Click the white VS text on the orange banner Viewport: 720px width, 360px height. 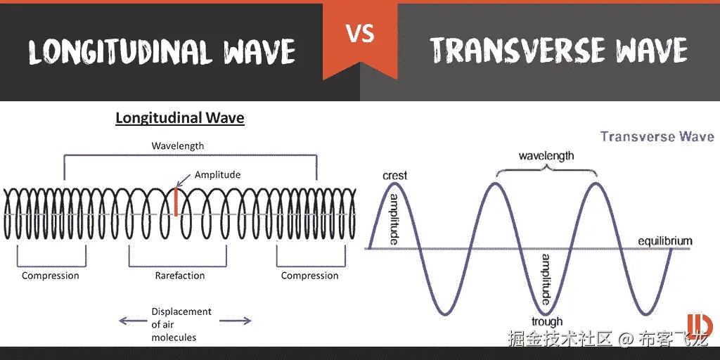361,34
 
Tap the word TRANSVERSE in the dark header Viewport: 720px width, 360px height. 517,50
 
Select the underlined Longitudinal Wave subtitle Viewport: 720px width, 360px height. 180,118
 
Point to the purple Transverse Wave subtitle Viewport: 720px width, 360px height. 657,136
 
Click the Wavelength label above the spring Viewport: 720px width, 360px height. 178,146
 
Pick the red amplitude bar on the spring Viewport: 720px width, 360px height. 176,201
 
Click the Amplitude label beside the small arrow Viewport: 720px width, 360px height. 217,174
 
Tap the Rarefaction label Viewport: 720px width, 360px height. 179,276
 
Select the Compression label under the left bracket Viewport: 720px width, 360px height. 51,276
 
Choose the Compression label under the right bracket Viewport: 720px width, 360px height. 309,276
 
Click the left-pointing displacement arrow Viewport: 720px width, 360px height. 131,321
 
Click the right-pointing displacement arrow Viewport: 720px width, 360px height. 236,321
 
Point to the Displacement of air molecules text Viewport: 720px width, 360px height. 181,324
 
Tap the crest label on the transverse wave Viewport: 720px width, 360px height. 395,176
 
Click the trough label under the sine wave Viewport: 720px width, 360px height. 547,321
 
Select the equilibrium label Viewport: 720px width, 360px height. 665,241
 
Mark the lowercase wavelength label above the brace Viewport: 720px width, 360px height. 546,155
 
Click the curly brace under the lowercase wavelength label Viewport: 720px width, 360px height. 546,168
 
